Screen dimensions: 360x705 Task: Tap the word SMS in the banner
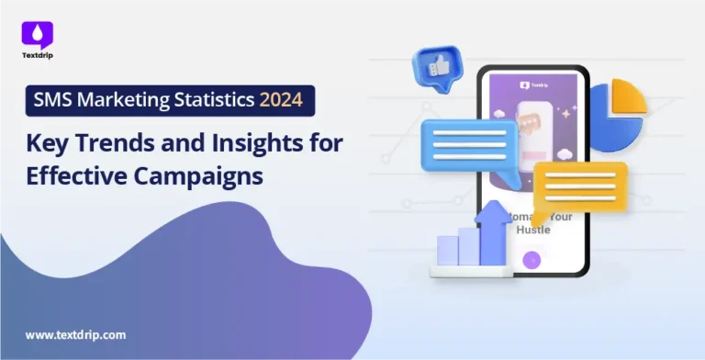[52, 100]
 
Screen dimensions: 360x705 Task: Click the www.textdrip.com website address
[75, 335]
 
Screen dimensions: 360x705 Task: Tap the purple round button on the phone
[531, 260]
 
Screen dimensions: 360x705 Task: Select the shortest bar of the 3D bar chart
[447, 251]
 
